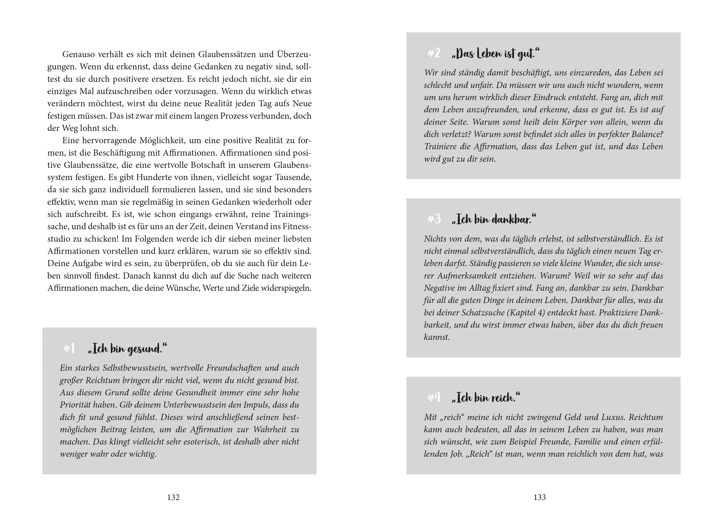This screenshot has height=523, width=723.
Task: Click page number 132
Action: pyautogui.click(x=174, y=497)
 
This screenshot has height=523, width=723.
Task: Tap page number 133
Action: pyautogui.click(x=540, y=497)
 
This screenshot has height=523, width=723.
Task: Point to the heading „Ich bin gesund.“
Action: pyautogui.click(x=128, y=349)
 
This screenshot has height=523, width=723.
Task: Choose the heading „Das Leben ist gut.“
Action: pyautogui.click(x=496, y=54)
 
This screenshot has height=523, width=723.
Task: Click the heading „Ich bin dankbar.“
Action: pyautogui.click(x=494, y=220)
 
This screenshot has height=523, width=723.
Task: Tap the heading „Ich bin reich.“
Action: pyautogui.click(x=486, y=398)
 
